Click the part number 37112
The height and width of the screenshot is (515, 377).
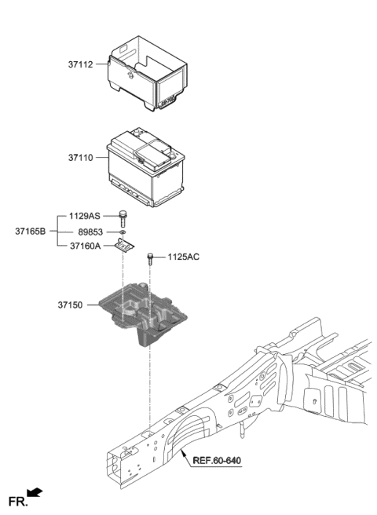pyautogui.click(x=81, y=65)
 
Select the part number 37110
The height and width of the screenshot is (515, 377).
pyautogui.click(x=81, y=158)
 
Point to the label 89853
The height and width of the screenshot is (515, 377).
pyautogui.click(x=92, y=232)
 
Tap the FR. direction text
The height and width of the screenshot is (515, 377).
pyautogui.click(x=16, y=500)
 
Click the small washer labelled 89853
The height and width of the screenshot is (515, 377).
pyautogui.click(x=123, y=232)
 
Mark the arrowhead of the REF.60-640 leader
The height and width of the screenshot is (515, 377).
pyautogui.click(x=182, y=453)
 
